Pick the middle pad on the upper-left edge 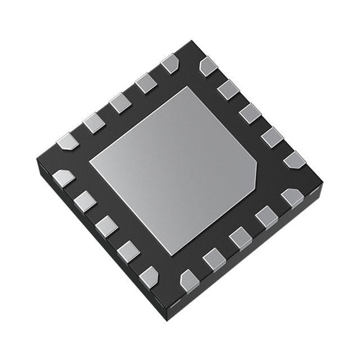(x=120, y=103)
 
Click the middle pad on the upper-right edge (x=249, y=112)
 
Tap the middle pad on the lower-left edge (x=107, y=226)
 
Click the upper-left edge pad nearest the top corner (x=170, y=65)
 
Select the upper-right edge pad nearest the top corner (x=208, y=66)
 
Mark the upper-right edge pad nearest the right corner (x=294, y=160)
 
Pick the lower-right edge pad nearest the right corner (x=292, y=197)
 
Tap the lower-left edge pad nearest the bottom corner (x=148, y=275)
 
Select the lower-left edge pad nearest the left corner (x=64, y=178)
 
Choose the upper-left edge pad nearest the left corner (x=68, y=142)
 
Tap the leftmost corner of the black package (x=36, y=162)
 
